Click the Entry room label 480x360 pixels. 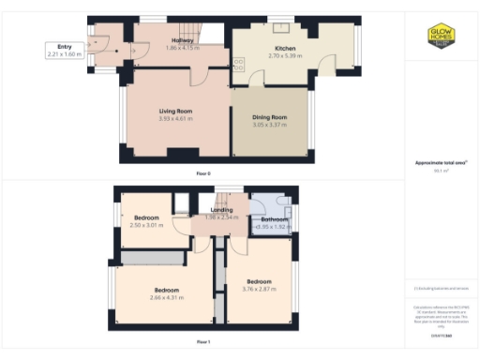pos(64,46)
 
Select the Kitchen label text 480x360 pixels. pos(285,48)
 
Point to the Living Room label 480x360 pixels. pos(174,111)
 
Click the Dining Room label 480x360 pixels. pos(269,117)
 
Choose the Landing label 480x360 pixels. pos(221,210)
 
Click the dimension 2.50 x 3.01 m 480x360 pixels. pos(145,225)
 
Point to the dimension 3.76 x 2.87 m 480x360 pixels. pos(259,289)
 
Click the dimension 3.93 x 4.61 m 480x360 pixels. pos(174,119)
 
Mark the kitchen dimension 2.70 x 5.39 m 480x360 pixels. pos(285,55)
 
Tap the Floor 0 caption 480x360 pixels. pos(202,174)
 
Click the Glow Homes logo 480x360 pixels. pos(442,35)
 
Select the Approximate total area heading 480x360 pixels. pos(440,163)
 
